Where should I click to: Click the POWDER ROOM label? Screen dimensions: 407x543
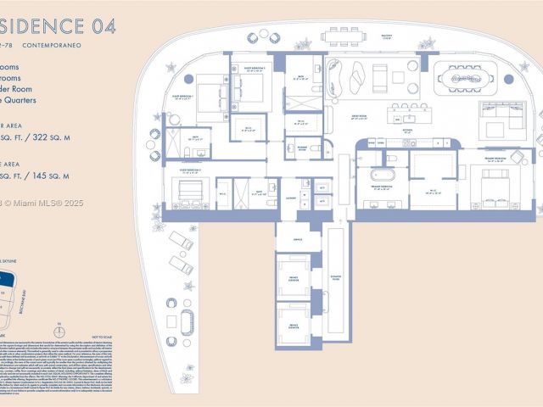click(x=303, y=148)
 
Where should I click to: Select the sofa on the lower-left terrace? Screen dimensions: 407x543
click(x=187, y=321)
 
